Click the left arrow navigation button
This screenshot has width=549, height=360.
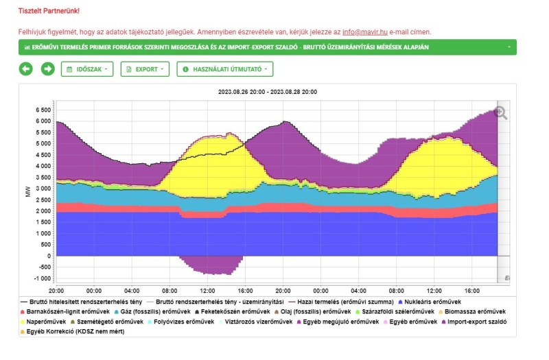click(26, 69)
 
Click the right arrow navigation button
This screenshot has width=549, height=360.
click(47, 69)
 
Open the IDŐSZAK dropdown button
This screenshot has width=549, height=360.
click(88, 69)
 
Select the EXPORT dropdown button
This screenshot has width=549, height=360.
click(145, 69)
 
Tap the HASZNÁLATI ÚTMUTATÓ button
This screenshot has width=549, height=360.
click(225, 69)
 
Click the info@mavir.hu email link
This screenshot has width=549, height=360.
click(364, 32)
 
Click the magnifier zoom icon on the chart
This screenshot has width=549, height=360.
click(501, 113)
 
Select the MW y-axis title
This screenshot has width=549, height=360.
click(27, 194)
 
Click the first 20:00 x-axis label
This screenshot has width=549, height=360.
click(56, 290)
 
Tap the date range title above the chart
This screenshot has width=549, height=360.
click(267, 91)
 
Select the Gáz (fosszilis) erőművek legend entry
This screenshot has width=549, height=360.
click(148, 311)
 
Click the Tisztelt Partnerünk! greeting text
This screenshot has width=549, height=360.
click(49, 11)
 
